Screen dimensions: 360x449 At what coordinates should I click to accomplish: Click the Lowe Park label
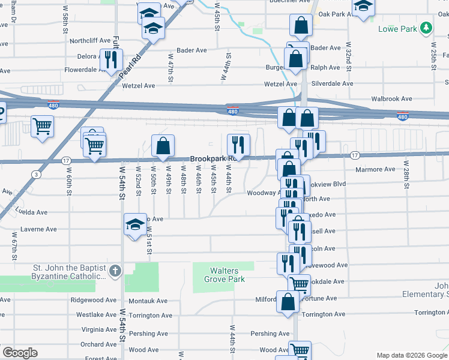point(398,29)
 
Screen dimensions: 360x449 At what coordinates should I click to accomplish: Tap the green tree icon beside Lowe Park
point(426,28)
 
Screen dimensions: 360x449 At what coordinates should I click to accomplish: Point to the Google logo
point(20,353)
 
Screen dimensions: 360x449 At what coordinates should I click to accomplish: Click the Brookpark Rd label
point(210,159)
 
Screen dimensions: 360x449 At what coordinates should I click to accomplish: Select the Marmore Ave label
point(376,169)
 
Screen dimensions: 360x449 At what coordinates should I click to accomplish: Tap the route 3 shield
point(37,175)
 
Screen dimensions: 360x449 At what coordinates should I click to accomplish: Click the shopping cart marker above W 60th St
point(43,126)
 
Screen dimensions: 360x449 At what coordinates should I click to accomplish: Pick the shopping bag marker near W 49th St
point(163,145)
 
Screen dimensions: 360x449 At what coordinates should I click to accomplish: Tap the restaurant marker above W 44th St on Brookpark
point(238,144)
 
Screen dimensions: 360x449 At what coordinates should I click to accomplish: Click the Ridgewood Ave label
point(93,300)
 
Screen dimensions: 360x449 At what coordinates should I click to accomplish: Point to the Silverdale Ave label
point(332,84)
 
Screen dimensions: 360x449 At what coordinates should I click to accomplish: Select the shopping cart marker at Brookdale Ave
point(299,284)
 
